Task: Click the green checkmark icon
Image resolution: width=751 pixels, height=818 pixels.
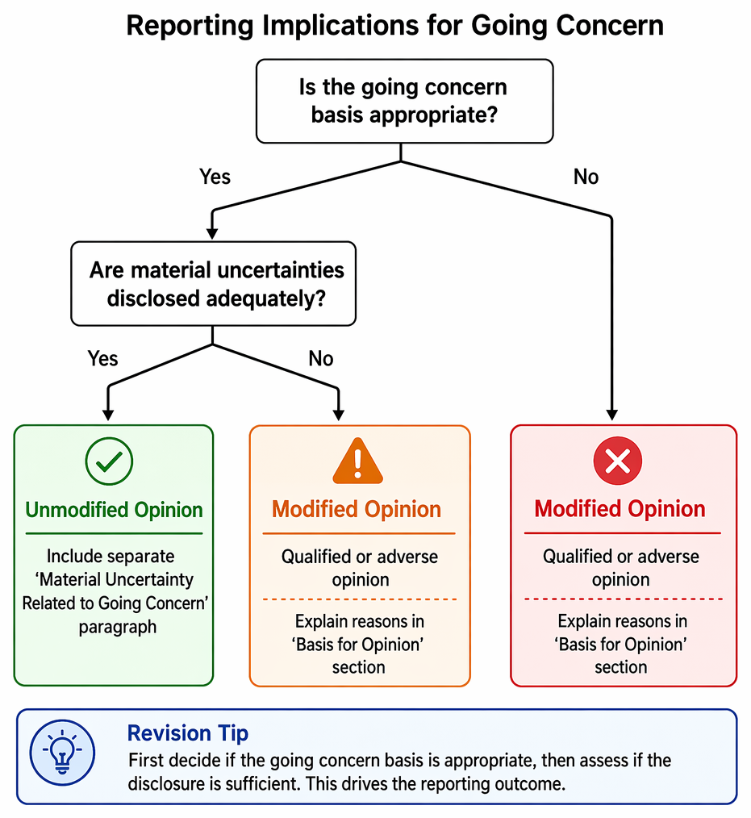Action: click(x=109, y=461)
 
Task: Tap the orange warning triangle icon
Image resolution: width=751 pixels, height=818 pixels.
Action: click(x=358, y=461)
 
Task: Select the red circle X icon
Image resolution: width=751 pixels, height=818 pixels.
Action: click(x=618, y=461)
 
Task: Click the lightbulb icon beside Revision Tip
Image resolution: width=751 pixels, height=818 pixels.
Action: click(x=63, y=753)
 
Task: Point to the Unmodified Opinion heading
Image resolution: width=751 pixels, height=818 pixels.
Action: click(x=115, y=510)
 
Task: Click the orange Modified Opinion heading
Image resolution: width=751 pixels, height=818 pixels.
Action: click(x=357, y=509)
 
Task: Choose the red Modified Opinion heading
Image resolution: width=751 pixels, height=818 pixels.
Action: click(x=620, y=509)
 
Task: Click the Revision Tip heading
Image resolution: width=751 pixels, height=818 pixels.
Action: click(x=188, y=733)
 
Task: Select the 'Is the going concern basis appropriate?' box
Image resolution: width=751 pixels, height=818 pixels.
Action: click(x=404, y=101)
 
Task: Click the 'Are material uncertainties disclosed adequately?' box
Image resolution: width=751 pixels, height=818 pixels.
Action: click(x=213, y=284)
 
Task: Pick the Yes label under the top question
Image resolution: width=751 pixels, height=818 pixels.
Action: click(x=215, y=177)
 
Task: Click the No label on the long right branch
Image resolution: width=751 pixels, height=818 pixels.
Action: click(x=586, y=177)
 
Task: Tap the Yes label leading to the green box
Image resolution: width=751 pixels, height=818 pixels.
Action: click(x=102, y=359)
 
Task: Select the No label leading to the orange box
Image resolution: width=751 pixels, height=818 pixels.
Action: click(x=321, y=359)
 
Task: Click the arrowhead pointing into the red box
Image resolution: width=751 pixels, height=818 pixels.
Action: click(x=612, y=415)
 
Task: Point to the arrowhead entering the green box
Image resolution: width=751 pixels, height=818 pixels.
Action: click(x=108, y=415)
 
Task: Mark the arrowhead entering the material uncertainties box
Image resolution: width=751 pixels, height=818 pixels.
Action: click(x=212, y=233)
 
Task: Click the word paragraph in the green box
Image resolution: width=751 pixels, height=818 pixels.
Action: click(x=117, y=627)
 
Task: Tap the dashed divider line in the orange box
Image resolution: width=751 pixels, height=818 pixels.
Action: click(x=359, y=599)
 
